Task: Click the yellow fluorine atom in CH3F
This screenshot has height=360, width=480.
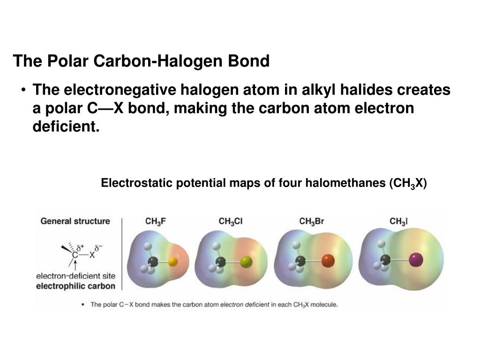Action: point(172,262)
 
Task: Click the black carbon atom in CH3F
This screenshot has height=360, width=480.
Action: point(152,262)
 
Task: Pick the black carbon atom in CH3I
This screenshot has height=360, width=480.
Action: point(385,259)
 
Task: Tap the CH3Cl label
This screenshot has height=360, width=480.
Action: point(231,222)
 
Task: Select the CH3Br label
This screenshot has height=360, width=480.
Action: point(311,222)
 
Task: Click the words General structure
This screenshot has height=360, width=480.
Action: point(75,221)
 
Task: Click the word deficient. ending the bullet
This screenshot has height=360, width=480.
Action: point(66,127)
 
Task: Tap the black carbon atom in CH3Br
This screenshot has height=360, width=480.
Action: point(300,260)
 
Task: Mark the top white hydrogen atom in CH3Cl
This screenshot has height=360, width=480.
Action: point(217,245)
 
